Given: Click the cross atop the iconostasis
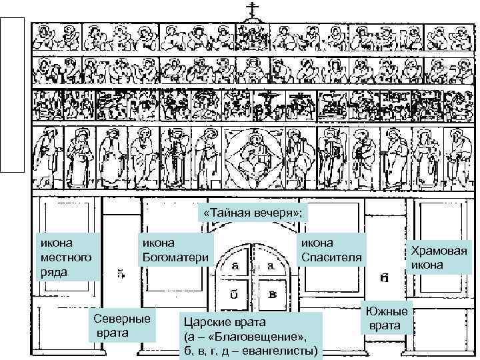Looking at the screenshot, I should coord(252,9).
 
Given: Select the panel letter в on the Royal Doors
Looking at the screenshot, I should coord(273,293).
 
